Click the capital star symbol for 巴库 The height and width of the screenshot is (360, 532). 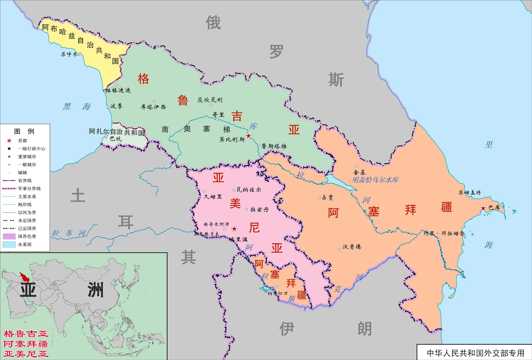(x=483, y=208)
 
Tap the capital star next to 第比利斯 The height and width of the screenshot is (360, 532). (x=248, y=136)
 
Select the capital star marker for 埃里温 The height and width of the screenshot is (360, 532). (x=234, y=229)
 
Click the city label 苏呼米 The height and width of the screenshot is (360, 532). (x=69, y=54)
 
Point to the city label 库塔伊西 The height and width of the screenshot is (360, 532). (x=153, y=107)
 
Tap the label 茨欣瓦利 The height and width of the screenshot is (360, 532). (x=210, y=100)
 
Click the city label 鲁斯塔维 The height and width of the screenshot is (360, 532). (x=274, y=146)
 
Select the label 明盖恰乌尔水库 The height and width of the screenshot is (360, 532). (x=375, y=180)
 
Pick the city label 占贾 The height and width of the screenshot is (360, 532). (x=327, y=197)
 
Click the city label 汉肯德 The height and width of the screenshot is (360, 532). (x=352, y=247)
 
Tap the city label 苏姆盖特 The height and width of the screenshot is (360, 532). (x=469, y=192)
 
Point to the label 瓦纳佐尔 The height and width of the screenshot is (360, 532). (x=249, y=190)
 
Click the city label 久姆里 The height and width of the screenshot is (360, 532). (x=213, y=197)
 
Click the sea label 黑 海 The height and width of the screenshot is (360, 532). (x=77, y=107)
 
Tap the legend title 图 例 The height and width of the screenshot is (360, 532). (x=24, y=131)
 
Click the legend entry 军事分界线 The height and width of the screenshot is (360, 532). (x=29, y=189)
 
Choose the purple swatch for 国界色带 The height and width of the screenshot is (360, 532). (x=9, y=236)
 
